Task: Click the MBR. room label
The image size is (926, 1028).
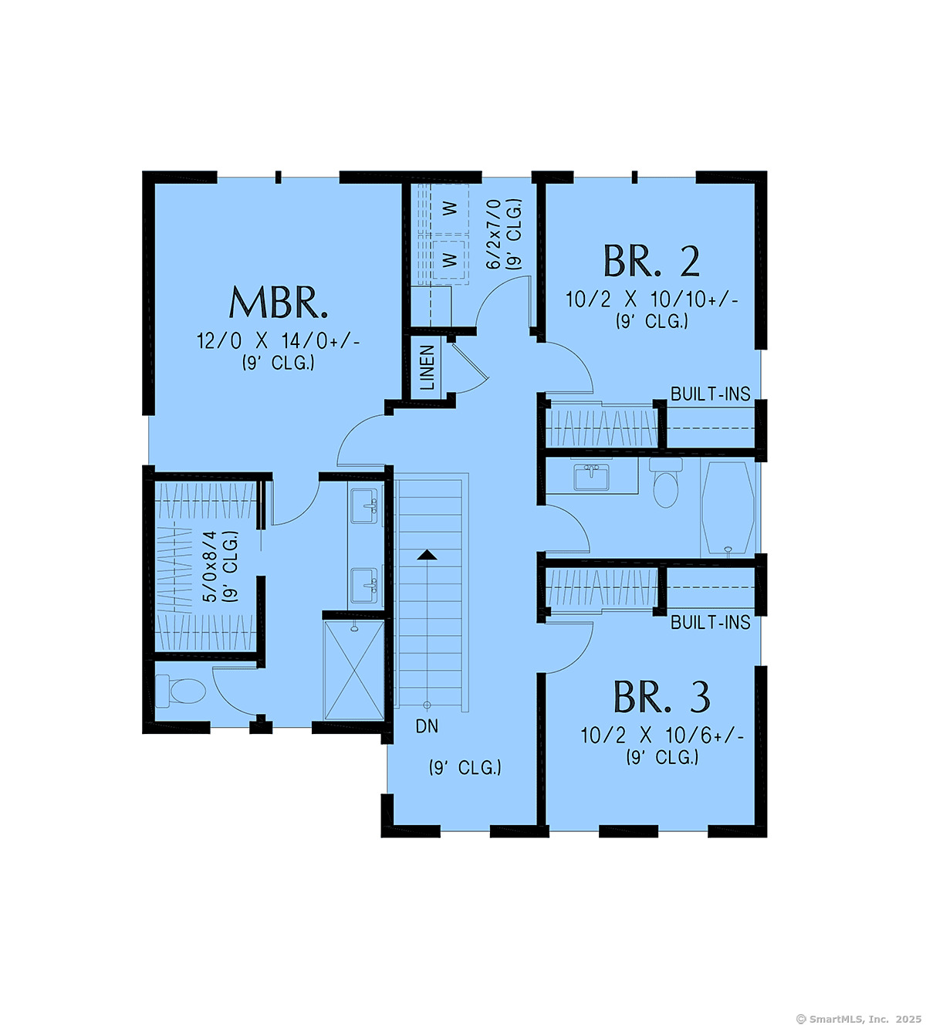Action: click(279, 303)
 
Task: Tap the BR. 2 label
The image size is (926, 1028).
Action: click(651, 262)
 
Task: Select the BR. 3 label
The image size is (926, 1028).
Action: click(661, 697)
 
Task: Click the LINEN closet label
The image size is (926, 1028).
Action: click(427, 367)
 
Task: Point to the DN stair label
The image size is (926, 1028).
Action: click(427, 726)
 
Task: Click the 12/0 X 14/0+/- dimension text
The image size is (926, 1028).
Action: click(279, 341)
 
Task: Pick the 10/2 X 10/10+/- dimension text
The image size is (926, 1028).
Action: click(652, 299)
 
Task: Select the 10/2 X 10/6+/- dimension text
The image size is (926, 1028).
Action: click(662, 736)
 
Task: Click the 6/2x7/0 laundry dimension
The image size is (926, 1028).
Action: click(493, 234)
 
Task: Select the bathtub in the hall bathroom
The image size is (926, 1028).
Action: click(728, 507)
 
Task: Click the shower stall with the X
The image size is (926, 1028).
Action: click(354, 671)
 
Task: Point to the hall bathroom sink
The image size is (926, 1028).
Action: click(591, 478)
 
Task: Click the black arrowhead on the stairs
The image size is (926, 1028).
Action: click(427, 555)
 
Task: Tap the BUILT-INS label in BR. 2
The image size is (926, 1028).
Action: click(710, 394)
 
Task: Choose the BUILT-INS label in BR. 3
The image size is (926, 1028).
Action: click(710, 622)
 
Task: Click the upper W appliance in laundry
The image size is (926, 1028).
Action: click(449, 208)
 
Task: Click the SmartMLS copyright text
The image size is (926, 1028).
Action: click(858, 1020)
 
